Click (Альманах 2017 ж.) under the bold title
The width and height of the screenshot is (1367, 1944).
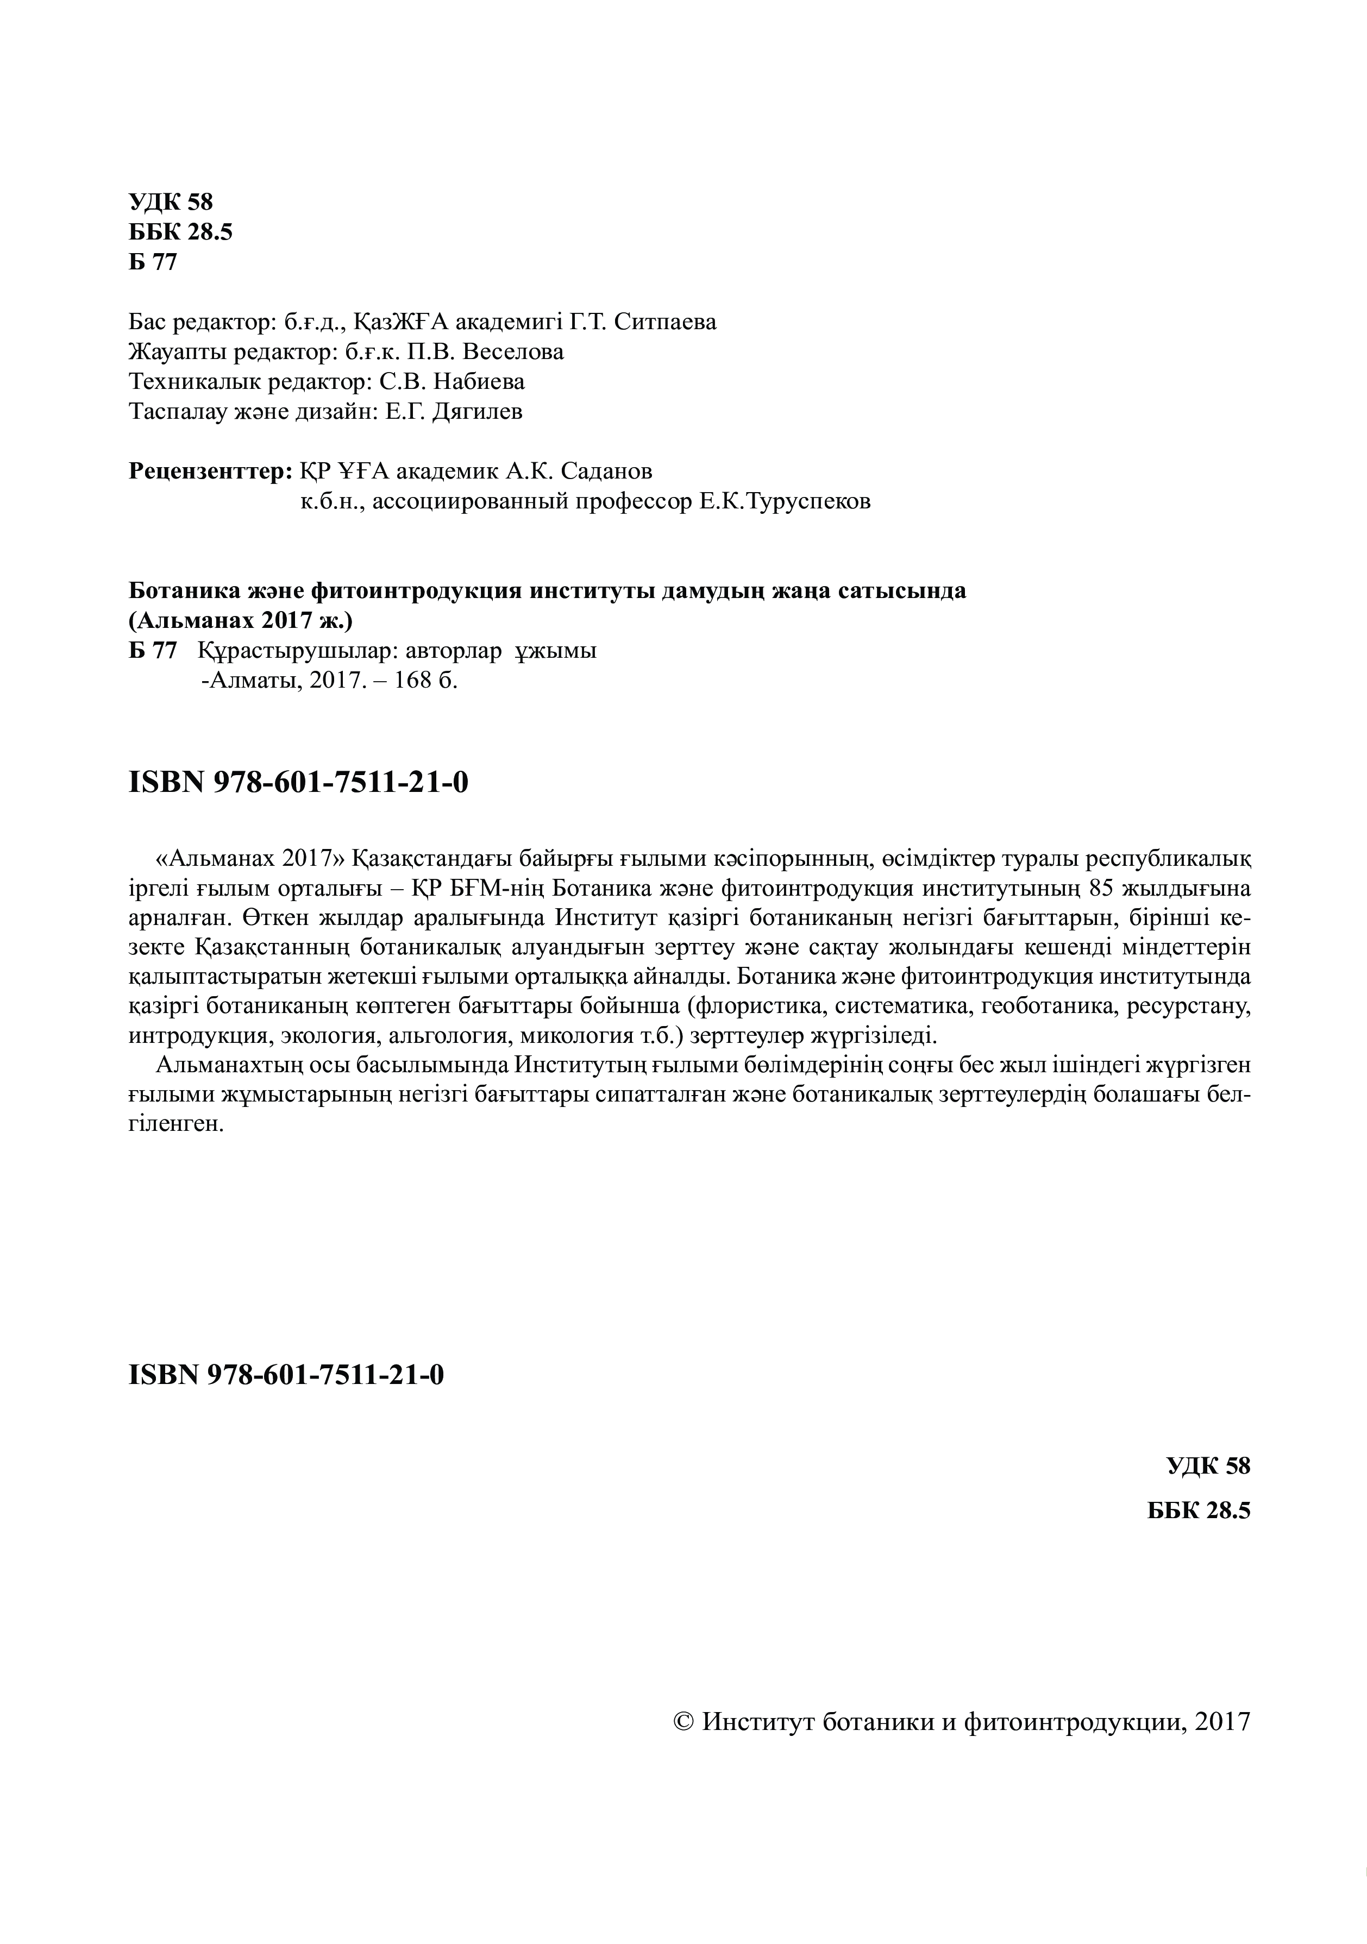[x=241, y=621]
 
